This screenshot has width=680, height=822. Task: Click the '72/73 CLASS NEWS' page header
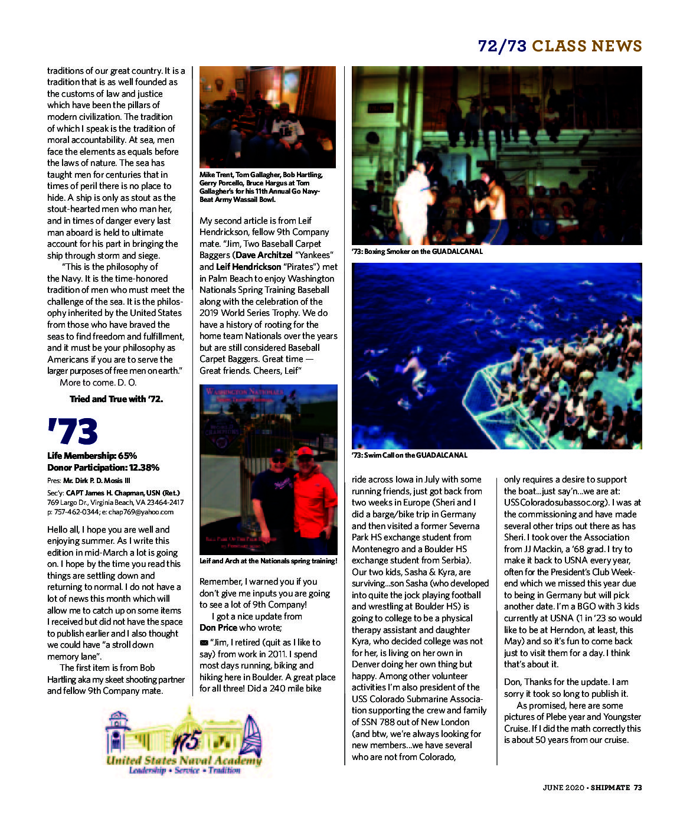pos(560,46)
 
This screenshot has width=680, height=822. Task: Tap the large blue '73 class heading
pos(73,432)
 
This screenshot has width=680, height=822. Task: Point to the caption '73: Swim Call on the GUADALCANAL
pos(410,455)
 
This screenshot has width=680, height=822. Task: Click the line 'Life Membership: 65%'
pos(92,456)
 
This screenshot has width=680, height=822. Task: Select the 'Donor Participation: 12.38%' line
pos(103,468)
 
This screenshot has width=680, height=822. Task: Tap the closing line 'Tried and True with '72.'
pos(116,399)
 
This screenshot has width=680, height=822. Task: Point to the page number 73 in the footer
pos(637,787)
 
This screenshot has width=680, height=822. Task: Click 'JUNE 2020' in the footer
pos(563,787)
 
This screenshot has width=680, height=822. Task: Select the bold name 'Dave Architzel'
pos(263,255)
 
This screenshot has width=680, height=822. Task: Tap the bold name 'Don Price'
pos(218,628)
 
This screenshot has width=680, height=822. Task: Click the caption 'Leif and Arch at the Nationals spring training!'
pos(269,561)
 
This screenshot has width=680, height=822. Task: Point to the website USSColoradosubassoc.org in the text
pos(556,503)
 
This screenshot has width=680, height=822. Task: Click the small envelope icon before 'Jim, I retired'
pos(204,642)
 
